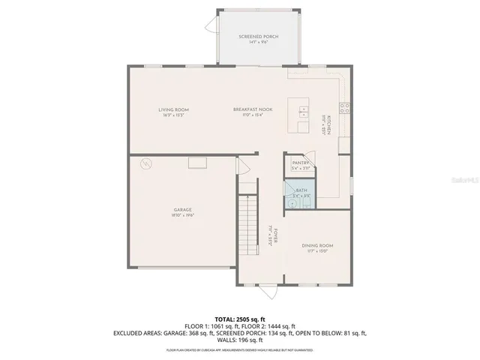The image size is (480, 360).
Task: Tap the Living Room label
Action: tap(172, 110)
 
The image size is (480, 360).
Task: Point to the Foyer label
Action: tap(275, 235)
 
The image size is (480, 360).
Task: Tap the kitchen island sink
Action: tap(302, 113)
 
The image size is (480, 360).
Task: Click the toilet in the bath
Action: tap(290, 203)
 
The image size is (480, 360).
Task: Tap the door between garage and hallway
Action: tap(241, 166)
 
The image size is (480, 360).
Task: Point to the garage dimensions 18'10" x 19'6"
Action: tap(183, 215)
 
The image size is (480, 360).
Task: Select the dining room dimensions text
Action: tap(318, 251)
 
